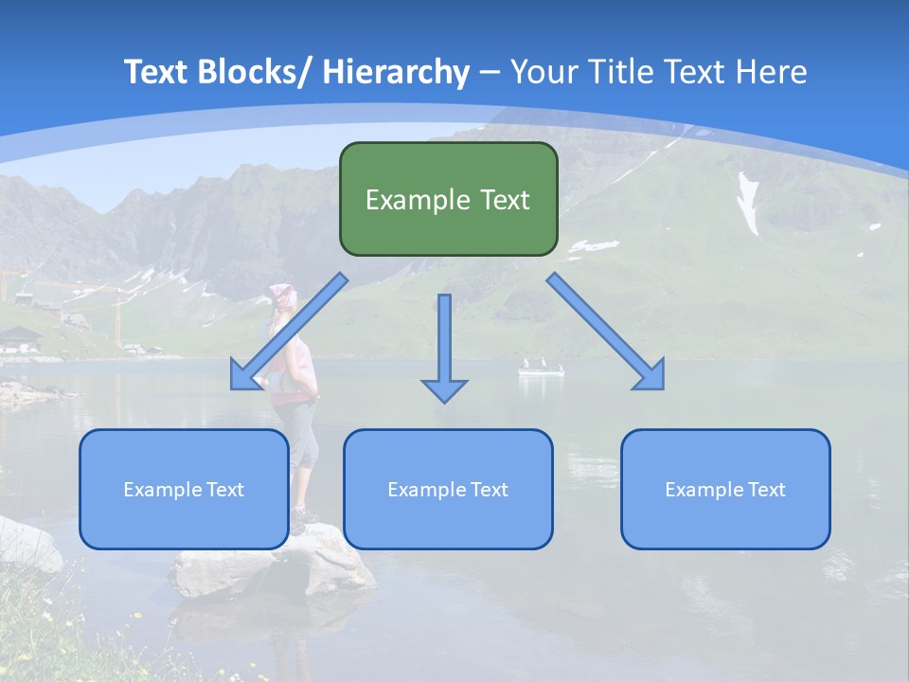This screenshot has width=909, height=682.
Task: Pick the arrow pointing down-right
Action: (606, 332)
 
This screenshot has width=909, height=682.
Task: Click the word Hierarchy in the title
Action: (396, 73)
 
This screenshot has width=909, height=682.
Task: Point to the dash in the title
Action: (490, 73)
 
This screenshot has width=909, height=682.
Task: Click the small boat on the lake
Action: (541, 368)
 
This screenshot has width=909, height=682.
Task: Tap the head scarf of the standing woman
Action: (280, 294)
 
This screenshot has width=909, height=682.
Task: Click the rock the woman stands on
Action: (275, 565)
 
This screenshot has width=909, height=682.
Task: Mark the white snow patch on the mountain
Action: (748, 204)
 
